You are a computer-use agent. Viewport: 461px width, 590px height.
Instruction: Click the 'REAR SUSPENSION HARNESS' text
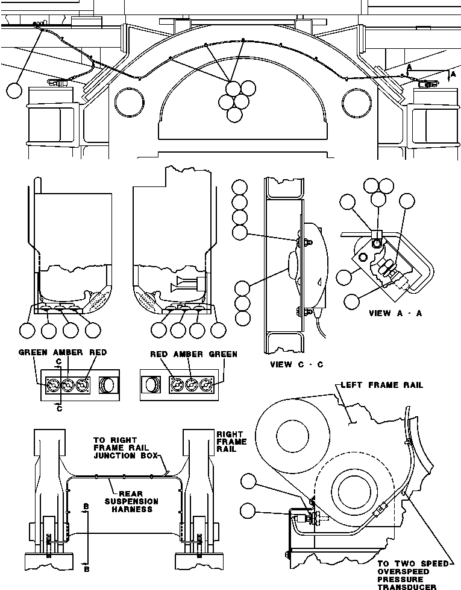click(x=131, y=501)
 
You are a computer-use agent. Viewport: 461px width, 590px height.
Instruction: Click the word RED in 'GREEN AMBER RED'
click(x=98, y=353)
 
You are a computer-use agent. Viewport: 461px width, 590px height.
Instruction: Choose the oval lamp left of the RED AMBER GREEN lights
click(x=151, y=385)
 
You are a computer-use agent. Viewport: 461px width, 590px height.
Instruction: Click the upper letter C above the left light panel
click(x=58, y=362)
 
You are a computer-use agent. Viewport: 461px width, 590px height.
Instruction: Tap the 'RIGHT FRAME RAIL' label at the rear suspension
click(x=231, y=442)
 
